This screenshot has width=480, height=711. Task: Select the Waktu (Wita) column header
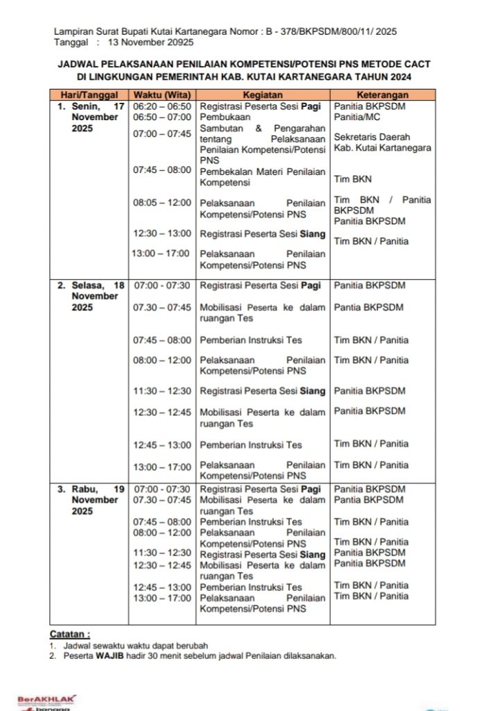pyautogui.click(x=162, y=95)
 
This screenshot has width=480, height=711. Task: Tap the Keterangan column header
pyautogui.click(x=382, y=95)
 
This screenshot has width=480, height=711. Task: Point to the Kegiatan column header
pyautogui.click(x=262, y=95)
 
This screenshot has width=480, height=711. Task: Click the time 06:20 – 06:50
pyautogui.click(x=162, y=106)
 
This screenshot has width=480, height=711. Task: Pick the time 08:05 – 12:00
pyautogui.click(x=162, y=203)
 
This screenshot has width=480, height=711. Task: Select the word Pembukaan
pyautogui.click(x=223, y=117)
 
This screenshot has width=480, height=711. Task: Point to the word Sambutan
pyautogui.click(x=221, y=128)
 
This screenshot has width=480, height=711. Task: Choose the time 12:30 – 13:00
pyautogui.click(x=162, y=234)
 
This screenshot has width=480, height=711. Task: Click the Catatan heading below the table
pyautogui.click(x=69, y=634)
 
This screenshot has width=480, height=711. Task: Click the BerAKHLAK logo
pyautogui.click(x=46, y=699)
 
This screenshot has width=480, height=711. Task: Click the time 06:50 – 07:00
pyautogui.click(x=162, y=117)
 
